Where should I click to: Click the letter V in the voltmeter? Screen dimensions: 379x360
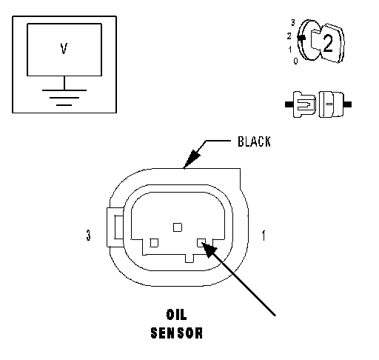tap(64, 49)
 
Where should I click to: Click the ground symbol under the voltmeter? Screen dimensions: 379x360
tap(64, 98)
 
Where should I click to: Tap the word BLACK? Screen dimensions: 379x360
tap(254, 141)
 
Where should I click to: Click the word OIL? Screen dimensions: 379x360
tap(177, 315)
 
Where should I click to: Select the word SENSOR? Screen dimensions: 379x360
tap(177, 333)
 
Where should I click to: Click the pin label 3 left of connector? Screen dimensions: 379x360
tap(88, 235)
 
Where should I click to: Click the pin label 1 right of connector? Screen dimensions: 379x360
tap(264, 236)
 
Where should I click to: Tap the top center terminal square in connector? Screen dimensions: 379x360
tap(178, 227)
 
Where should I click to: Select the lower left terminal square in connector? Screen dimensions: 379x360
tap(154, 243)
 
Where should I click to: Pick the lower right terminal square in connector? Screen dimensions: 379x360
tap(201, 243)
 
